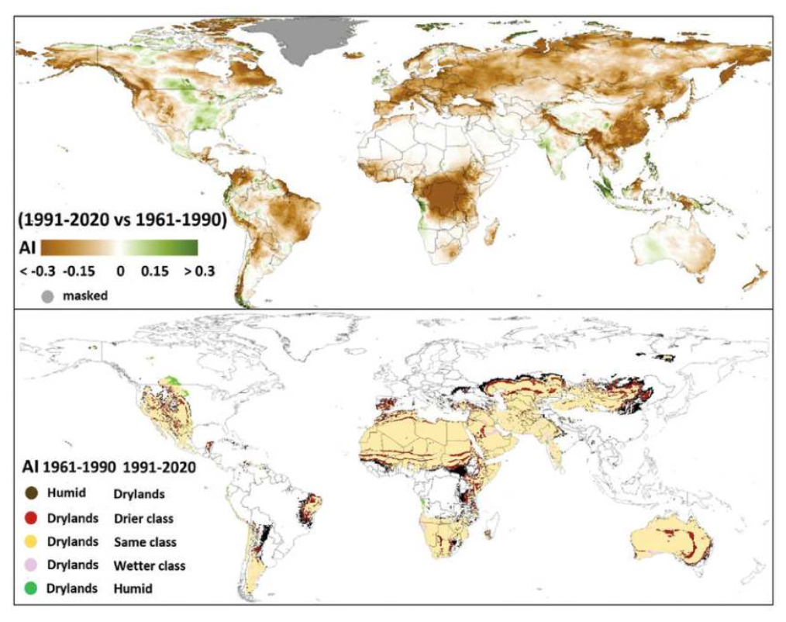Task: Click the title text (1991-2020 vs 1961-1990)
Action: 121,220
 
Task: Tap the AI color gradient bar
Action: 120,247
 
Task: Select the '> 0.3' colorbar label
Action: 197,272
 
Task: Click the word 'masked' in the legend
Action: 85,296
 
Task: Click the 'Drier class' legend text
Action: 143,518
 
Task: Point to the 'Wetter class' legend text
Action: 149,565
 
